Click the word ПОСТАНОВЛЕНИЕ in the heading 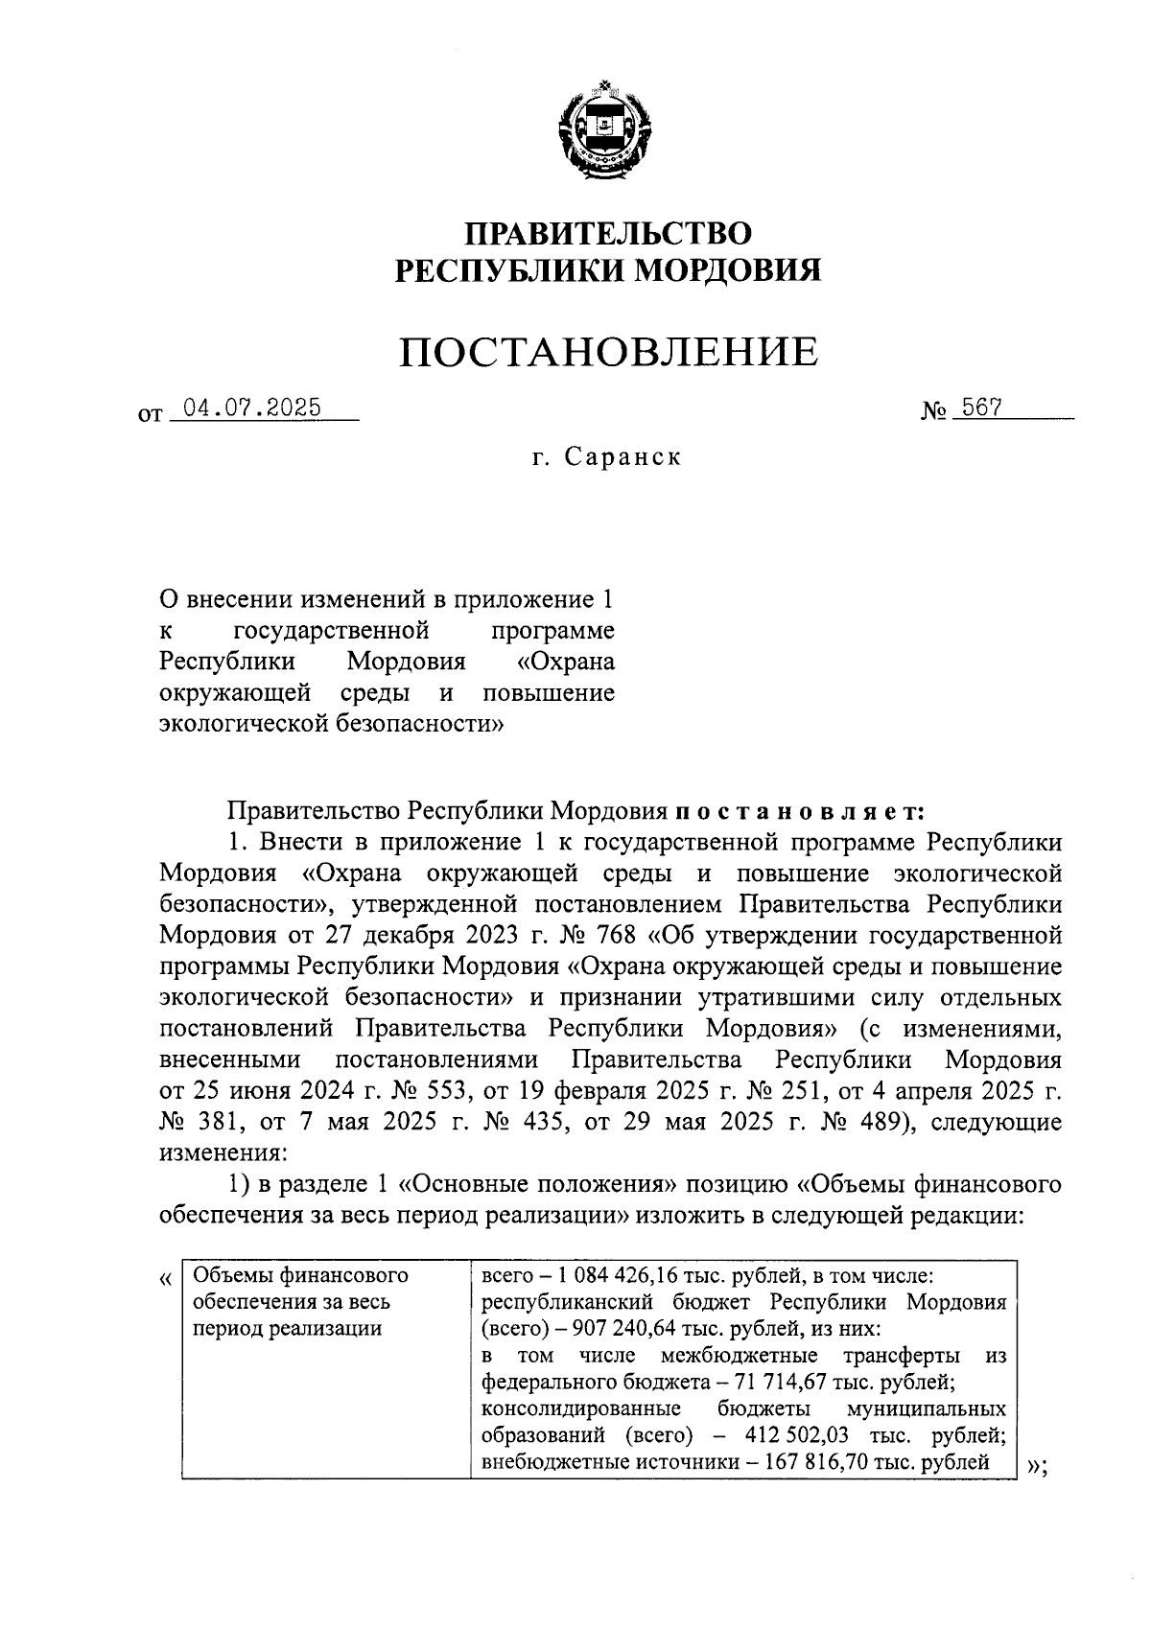608,352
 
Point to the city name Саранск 622,457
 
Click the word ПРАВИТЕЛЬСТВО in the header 608,233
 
